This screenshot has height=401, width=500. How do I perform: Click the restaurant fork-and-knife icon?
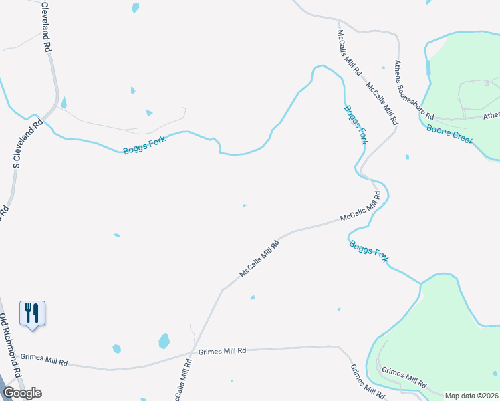tap(32, 313)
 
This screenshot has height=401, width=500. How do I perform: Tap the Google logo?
tap(22, 393)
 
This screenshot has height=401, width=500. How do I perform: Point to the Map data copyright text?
tap(471, 396)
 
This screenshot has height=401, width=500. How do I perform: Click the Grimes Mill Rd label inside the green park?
tap(404, 378)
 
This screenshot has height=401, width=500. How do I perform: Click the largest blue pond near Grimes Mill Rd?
tap(164, 342)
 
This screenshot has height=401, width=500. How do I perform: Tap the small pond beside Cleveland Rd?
tap(64, 102)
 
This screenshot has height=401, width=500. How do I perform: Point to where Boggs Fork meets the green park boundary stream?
tap(420, 285)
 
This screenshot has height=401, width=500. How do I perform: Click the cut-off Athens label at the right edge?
tap(491, 116)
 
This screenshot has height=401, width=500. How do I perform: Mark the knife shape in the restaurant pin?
tap(37, 311)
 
